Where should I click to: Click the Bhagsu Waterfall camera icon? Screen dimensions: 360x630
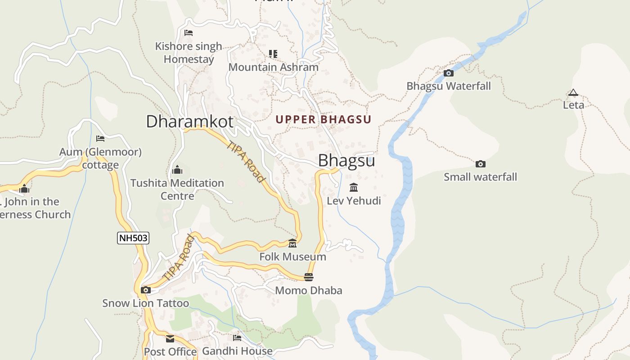click(448, 73)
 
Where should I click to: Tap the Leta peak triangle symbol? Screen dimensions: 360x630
click(573, 93)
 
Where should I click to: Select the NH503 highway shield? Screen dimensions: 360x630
click(133, 238)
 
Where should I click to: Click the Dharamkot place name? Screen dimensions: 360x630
click(189, 121)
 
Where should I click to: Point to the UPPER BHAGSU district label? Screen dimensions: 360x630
click(324, 120)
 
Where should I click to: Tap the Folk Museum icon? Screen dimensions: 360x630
click(292, 243)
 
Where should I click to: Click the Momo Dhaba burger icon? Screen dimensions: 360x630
click(309, 277)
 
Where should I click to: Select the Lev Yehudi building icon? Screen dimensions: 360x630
click(354, 187)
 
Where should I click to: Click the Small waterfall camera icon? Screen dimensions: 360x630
click(481, 164)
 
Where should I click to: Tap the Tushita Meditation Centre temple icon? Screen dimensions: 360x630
click(177, 170)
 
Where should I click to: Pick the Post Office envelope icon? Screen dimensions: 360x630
click(170, 338)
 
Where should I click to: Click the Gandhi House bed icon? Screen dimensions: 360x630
click(237, 337)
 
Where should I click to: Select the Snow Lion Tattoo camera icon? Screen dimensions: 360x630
click(145, 290)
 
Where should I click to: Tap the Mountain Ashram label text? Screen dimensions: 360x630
click(273, 67)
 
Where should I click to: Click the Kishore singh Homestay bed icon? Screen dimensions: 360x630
click(189, 33)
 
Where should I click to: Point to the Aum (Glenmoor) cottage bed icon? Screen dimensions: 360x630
click(100, 139)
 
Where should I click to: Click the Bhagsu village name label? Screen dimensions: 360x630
click(346, 161)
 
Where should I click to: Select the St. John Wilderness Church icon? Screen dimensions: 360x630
click(24, 189)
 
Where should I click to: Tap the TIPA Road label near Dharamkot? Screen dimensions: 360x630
click(246, 162)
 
